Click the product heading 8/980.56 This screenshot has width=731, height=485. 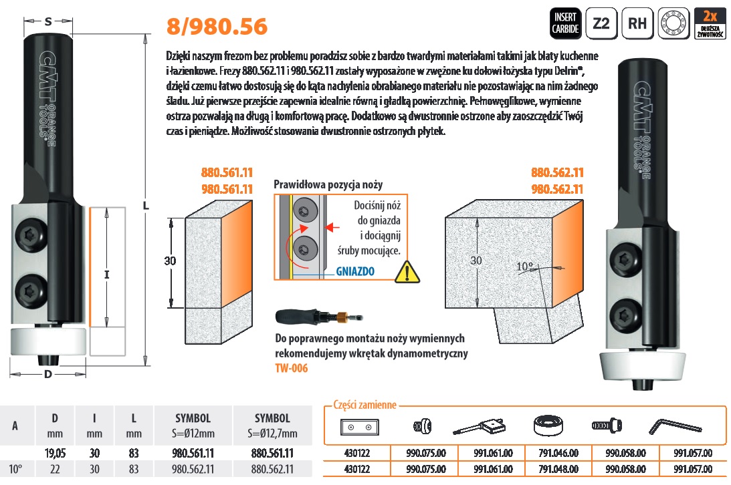tap(217, 27)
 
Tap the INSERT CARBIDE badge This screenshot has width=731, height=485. tap(566, 23)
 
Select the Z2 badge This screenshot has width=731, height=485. tap(601, 23)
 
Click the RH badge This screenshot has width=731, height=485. tap(637, 23)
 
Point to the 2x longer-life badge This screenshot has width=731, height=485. tap(710, 23)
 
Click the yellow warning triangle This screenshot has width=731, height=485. tap(407, 273)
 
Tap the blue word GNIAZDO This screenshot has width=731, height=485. tap(355, 271)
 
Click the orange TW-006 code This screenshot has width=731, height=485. tap(292, 368)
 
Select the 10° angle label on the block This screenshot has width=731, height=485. tap(524, 267)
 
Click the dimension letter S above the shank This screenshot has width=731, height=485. tap(48, 21)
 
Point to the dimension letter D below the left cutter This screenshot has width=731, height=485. tap(48, 374)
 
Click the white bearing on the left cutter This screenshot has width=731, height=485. tap(48, 342)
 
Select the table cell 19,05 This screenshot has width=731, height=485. tap(55, 453)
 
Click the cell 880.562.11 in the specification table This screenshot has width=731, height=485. tap(272, 469)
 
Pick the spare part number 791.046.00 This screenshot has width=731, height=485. tap(558, 453)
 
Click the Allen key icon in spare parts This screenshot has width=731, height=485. tap(675, 426)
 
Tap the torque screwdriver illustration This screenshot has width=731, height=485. tap(319, 317)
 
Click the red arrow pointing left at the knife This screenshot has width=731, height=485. tap(332, 227)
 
